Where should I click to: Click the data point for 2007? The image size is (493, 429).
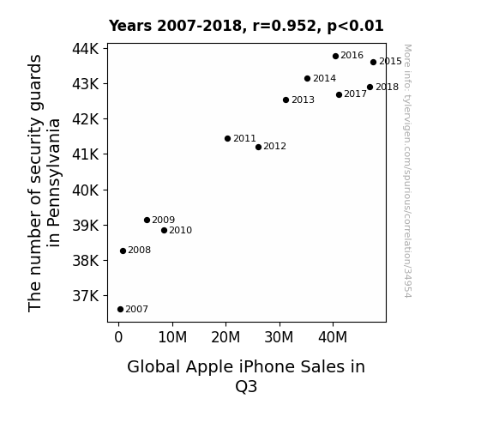coord(120,310)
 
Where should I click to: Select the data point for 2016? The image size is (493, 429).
coord(335,56)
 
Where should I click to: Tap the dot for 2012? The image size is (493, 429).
coord(258,147)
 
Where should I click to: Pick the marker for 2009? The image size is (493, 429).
coord(147,220)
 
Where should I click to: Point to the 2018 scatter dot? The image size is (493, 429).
coord(370,88)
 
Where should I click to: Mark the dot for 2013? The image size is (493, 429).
coord(286,100)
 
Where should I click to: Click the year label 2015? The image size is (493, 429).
coord(390,62)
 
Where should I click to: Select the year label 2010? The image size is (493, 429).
coord(180,231)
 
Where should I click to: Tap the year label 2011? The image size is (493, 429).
coord(244,138)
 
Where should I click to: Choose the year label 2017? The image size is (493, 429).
coord(355,94)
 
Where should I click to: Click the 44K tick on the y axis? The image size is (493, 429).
coord(86,49)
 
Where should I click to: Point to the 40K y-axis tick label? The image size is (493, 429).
coord(86,190)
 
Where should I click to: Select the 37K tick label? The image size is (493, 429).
coord(86,296)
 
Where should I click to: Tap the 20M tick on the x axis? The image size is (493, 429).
coord(225,337)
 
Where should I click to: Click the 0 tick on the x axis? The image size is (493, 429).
coord(118,337)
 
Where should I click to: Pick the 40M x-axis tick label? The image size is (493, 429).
coord(333,337)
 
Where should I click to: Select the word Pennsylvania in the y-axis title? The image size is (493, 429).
coord(54,183)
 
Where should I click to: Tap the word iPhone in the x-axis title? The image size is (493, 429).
coord(267,367)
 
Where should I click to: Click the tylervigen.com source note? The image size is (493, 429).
coord(407,171)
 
